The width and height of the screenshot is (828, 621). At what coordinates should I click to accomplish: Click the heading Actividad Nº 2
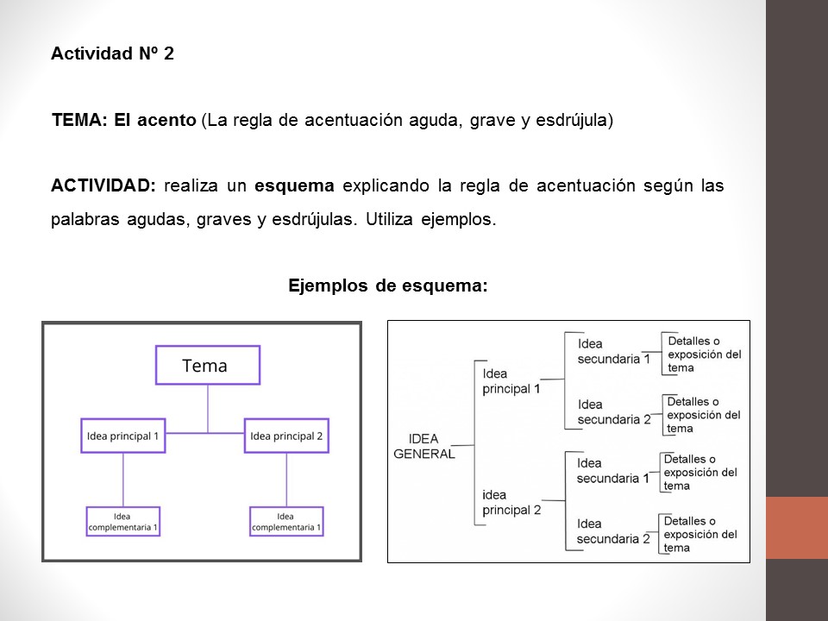(112, 54)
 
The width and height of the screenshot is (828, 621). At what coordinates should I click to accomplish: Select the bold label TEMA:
(79, 120)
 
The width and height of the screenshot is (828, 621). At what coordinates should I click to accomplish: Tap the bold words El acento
(155, 120)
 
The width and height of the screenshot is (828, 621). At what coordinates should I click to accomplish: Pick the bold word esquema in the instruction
(294, 185)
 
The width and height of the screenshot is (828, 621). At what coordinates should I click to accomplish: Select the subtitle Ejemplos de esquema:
(388, 285)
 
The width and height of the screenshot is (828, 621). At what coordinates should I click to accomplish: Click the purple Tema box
(207, 366)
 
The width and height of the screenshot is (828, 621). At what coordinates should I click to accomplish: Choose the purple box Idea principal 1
(123, 436)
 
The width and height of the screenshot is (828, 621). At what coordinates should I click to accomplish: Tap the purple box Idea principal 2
(286, 436)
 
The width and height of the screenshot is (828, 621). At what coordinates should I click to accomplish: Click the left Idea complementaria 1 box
(123, 522)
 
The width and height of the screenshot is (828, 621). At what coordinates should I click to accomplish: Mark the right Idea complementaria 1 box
(286, 522)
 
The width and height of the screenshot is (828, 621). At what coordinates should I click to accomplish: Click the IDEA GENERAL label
(423, 446)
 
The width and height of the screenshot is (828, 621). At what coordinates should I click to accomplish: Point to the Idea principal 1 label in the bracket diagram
(511, 381)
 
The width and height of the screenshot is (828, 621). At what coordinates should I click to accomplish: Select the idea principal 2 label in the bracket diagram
(511, 502)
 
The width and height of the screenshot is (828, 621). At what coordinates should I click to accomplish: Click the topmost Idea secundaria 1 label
(613, 351)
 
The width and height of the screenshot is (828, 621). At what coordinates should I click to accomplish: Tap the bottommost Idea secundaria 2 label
(613, 531)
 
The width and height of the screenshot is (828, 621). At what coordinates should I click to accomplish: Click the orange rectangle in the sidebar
(797, 528)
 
